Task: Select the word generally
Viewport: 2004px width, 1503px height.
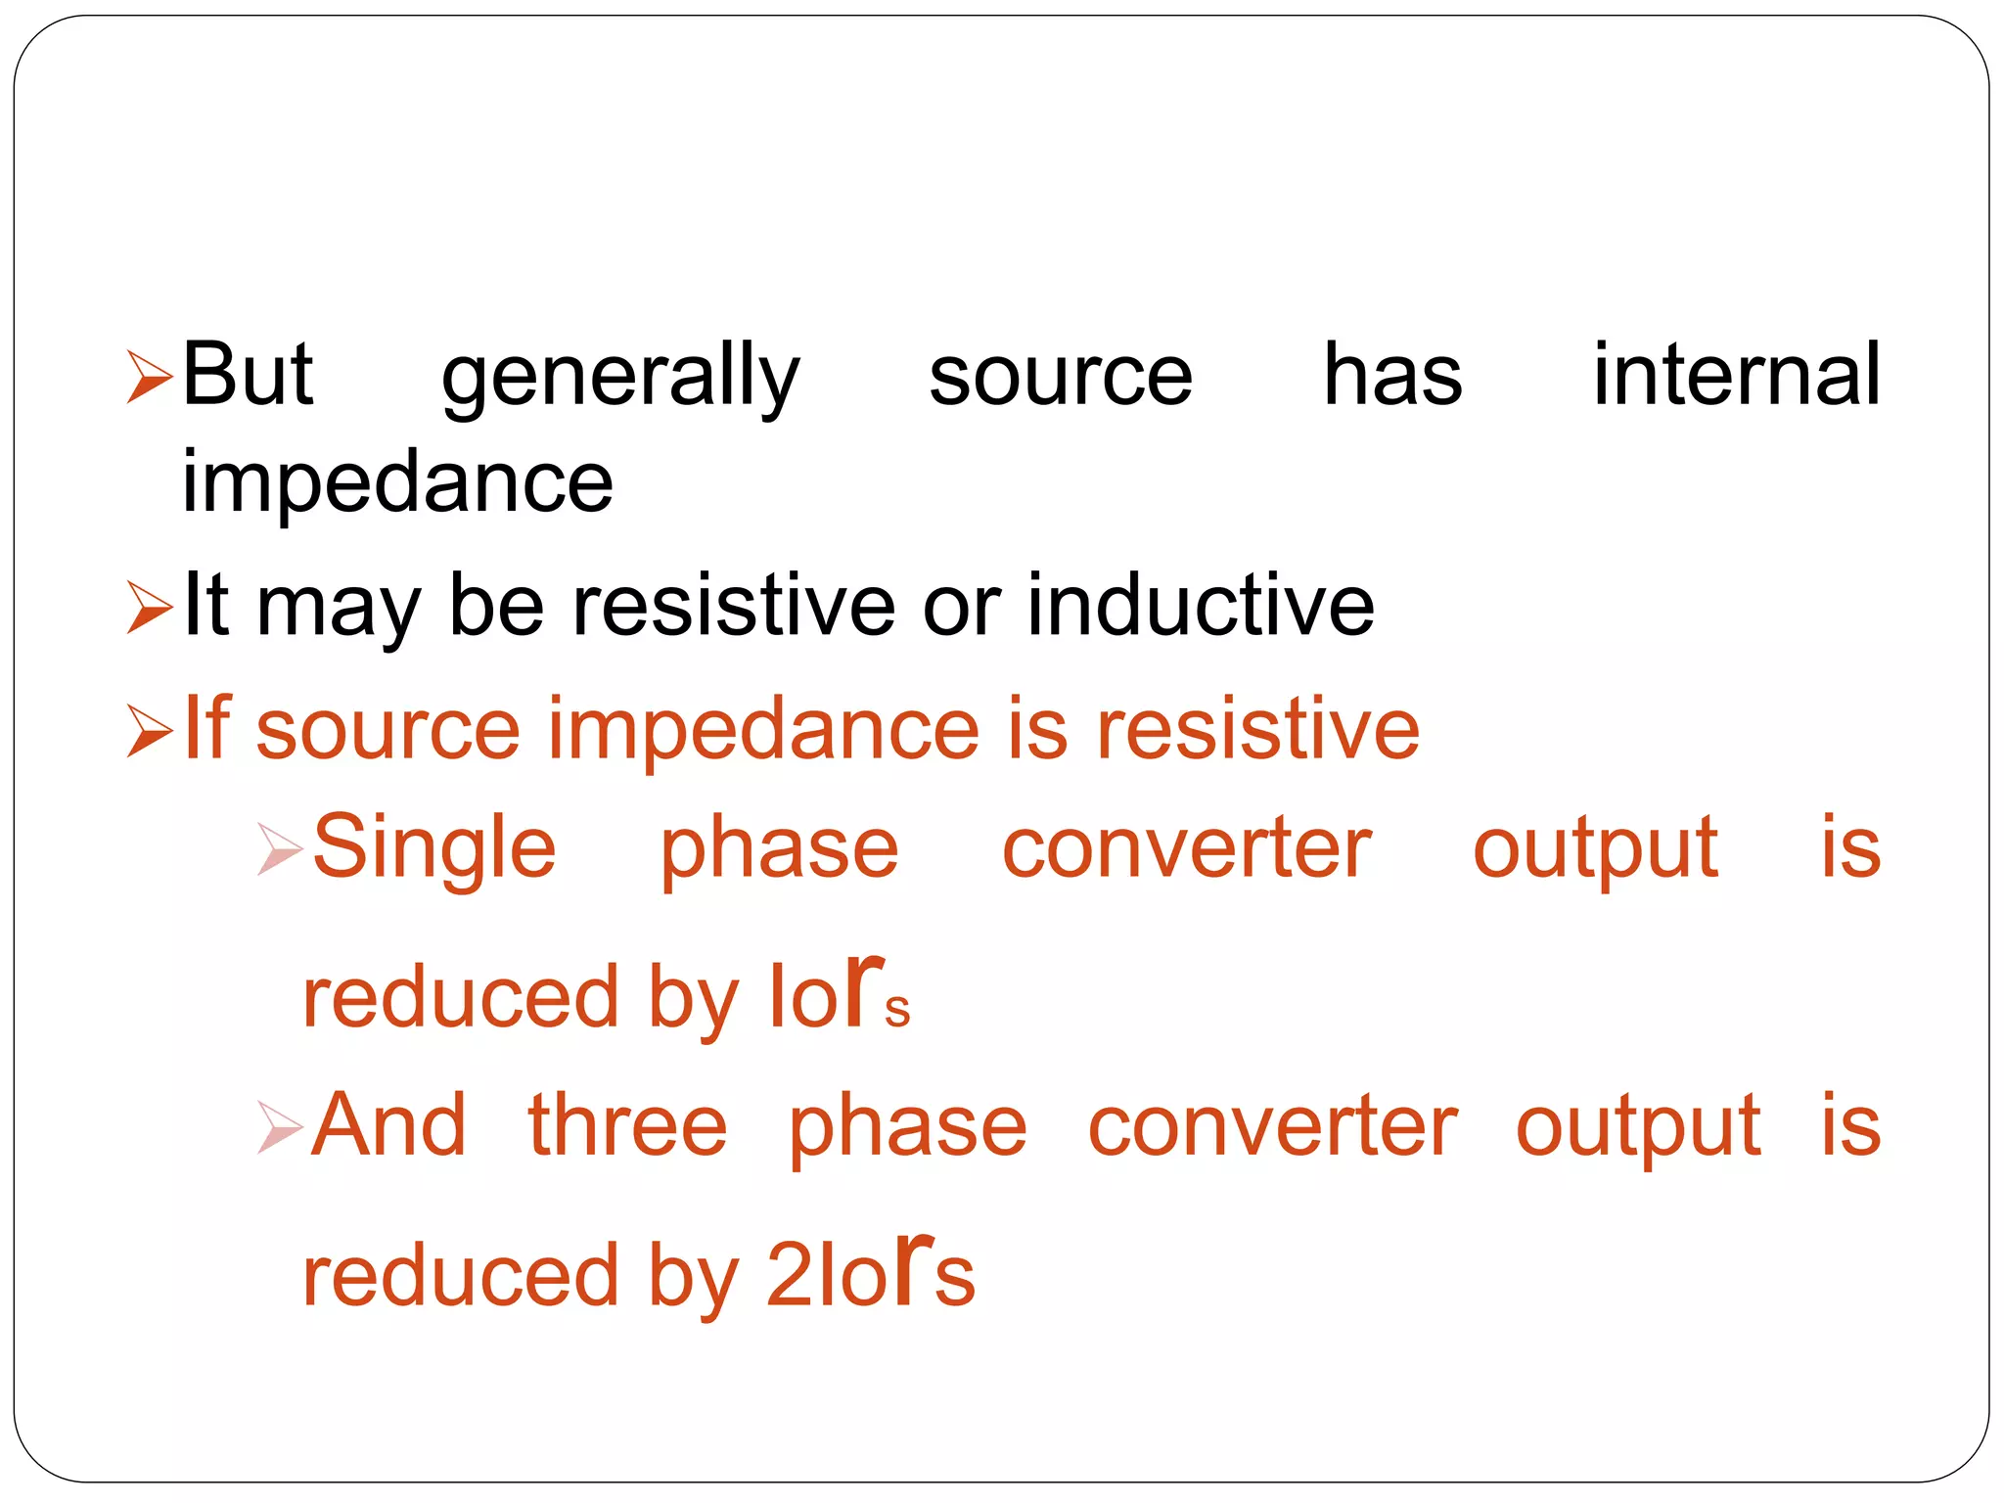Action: tap(620, 378)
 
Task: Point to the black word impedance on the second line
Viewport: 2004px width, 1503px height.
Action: tap(397, 483)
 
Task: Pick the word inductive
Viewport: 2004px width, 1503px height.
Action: tap(1201, 606)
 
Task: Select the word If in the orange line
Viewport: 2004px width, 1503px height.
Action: tap(206, 728)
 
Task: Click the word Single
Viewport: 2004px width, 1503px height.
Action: tap(434, 848)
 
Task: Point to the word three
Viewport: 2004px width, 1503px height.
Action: tap(627, 1126)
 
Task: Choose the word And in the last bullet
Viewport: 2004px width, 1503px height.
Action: tap(389, 1126)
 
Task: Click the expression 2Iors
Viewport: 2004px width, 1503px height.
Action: tap(870, 1272)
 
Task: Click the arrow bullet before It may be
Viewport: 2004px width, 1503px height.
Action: tap(150, 608)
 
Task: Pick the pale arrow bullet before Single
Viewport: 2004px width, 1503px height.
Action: tap(280, 848)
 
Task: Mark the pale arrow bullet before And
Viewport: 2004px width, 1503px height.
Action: tap(280, 1127)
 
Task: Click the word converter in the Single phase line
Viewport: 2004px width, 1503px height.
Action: tap(1186, 848)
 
